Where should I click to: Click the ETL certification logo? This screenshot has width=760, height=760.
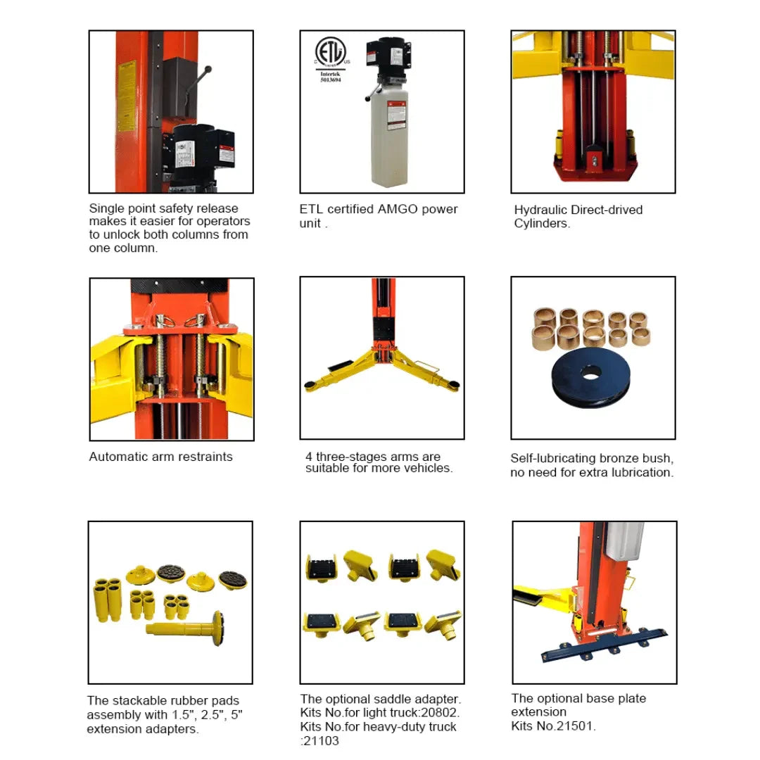point(330,53)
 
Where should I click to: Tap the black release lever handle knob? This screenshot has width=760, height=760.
point(208,69)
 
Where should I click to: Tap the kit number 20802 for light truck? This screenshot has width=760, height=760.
point(437,713)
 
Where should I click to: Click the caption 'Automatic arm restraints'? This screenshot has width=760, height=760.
point(160,457)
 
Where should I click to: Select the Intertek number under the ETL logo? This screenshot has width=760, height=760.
point(330,80)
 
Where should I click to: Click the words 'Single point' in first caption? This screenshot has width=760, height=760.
point(122,208)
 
